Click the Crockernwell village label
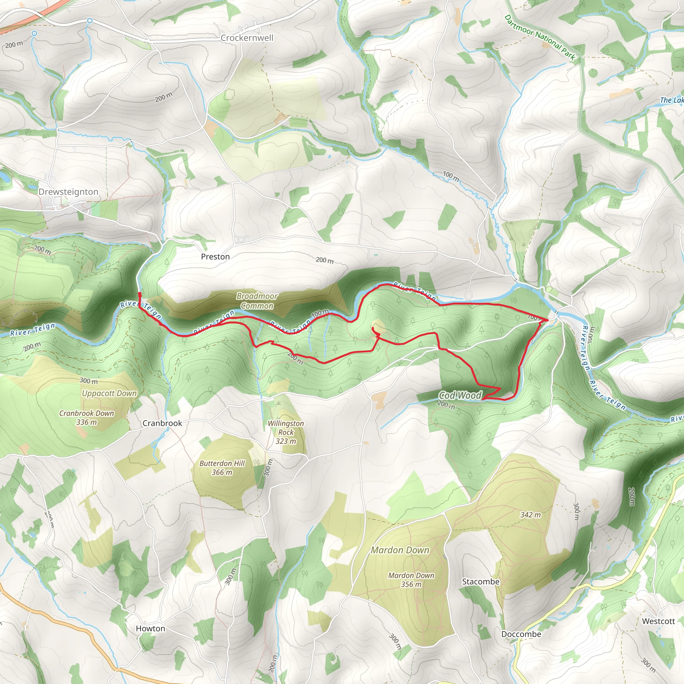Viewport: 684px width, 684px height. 247,38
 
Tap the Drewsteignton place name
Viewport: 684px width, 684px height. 68,192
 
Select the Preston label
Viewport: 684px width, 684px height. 215,257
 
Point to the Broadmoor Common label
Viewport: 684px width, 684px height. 257,301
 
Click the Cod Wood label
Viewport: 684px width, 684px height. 460,395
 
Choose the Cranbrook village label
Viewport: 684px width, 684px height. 162,423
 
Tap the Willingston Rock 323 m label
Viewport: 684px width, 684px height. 286,432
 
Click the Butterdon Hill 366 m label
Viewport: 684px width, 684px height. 222,468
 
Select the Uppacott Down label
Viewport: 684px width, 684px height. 109,393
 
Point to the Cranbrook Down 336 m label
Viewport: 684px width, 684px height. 87,417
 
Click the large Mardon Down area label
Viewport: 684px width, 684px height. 400,550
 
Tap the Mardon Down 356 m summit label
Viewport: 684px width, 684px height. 411,579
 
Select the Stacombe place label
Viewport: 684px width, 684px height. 480,582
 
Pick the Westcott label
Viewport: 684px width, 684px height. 659,621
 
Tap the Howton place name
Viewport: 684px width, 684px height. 151,629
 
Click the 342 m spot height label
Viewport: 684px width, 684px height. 530,515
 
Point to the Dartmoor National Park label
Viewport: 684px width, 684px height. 540,37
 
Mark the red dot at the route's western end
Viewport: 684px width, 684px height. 140,294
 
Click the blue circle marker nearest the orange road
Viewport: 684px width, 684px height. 34,34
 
